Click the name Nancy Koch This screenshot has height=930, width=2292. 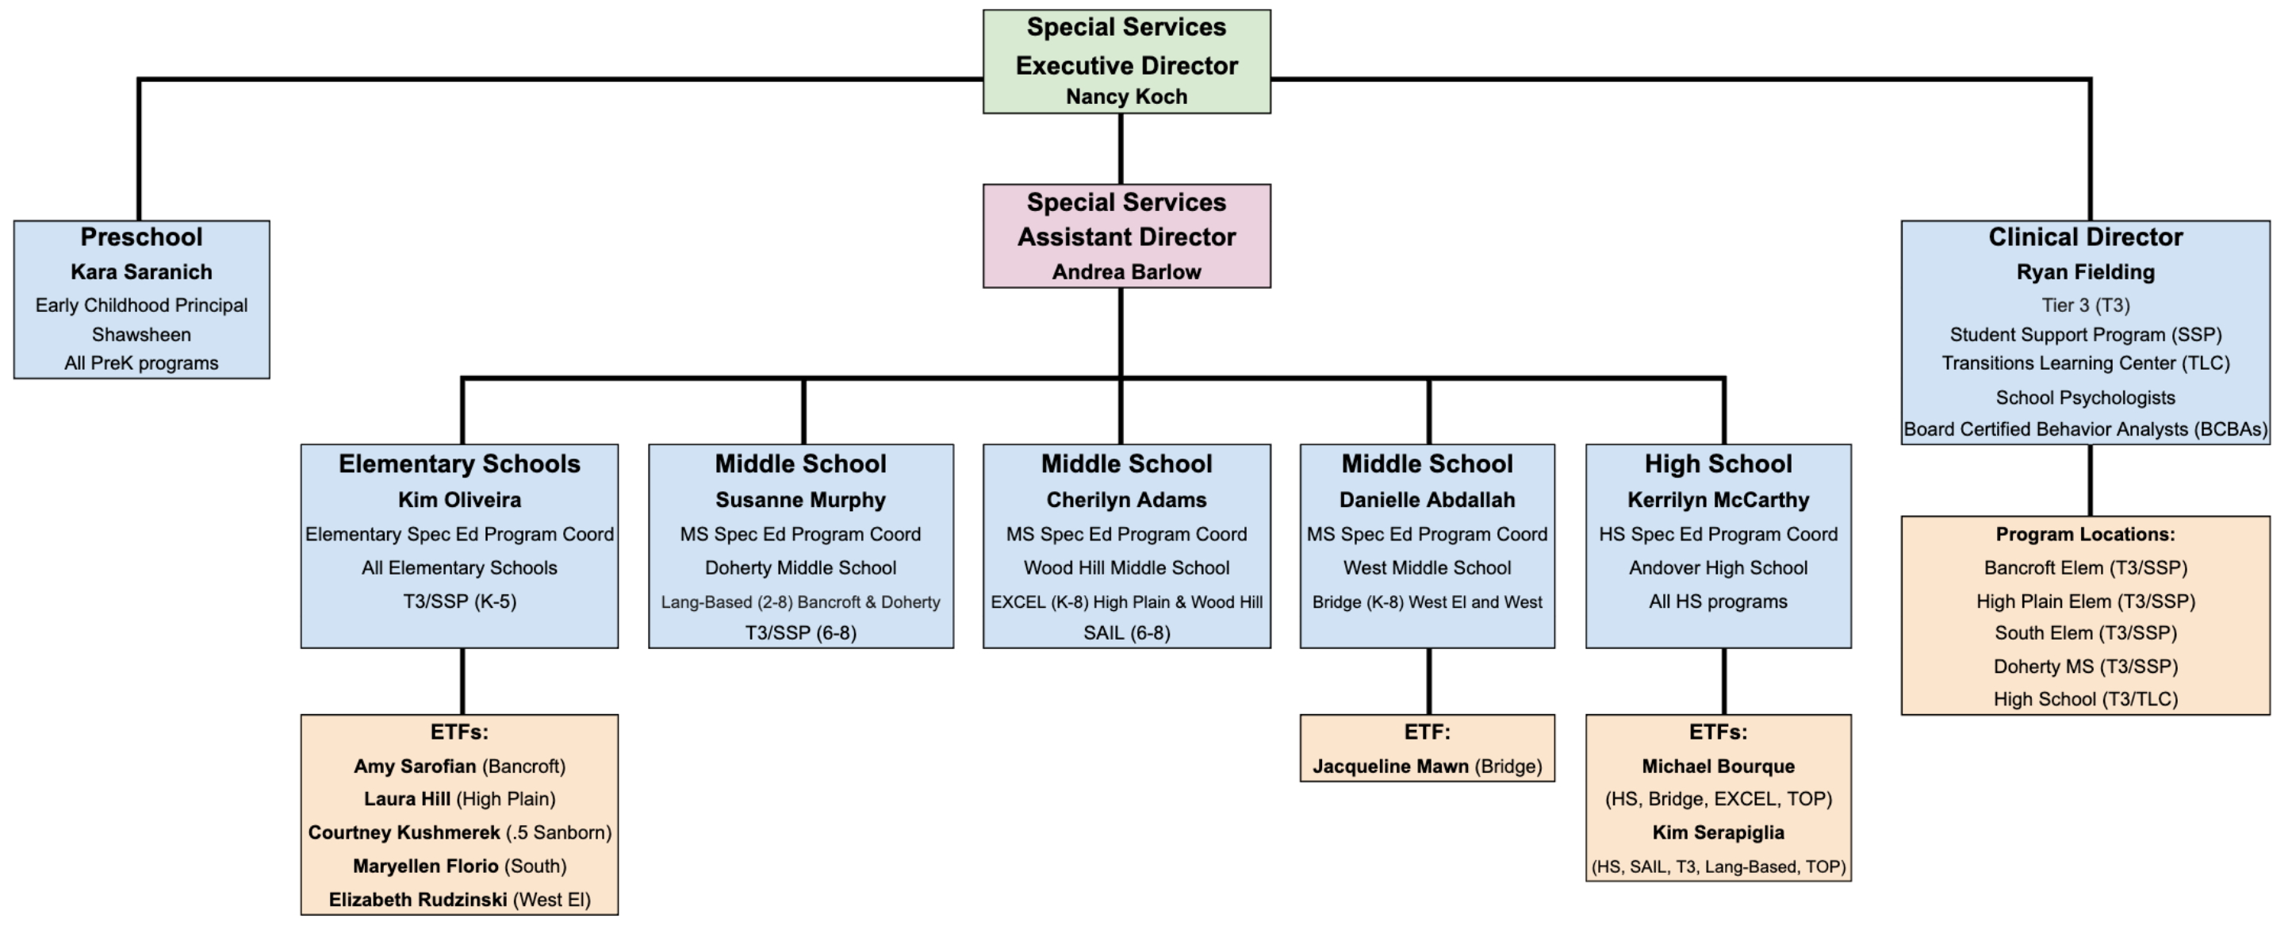pos(1125,96)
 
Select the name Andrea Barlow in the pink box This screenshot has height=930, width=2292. pos(1125,271)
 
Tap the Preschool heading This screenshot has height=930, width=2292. pos(141,236)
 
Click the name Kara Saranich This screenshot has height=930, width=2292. pos(141,271)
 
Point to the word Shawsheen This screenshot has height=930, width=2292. pos(141,335)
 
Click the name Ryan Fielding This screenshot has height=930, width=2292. pos(2085,271)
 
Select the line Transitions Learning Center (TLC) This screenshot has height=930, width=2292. pos(2085,363)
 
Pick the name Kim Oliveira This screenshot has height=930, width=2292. pos(459,499)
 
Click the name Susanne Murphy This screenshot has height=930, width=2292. pos(800,499)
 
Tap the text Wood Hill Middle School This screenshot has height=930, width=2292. pos(1125,568)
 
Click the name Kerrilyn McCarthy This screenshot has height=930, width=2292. pos(1717,499)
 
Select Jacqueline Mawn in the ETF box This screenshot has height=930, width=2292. pos(1389,767)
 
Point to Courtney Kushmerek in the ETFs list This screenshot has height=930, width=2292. pos(404,832)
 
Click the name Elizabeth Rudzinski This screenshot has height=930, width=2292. pos(417,900)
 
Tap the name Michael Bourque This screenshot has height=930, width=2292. pos(1717,767)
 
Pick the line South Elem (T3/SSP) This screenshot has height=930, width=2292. pos(2085,632)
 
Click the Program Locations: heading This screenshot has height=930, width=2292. pos(2085,534)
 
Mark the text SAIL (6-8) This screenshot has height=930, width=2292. pos(1125,632)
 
